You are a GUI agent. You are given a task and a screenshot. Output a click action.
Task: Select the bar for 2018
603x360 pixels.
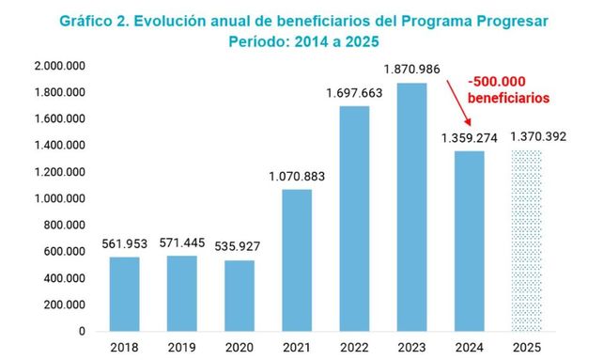[x=124, y=294]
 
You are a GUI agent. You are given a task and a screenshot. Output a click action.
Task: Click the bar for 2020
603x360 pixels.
[x=240, y=296]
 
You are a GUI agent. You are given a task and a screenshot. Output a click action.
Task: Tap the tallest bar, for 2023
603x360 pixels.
[x=412, y=207]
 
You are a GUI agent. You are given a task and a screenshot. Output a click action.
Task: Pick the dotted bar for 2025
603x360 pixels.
[x=527, y=241]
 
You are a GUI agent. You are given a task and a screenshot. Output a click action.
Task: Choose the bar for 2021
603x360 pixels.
[x=297, y=260]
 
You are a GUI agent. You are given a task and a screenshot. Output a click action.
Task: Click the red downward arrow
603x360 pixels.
[x=458, y=102]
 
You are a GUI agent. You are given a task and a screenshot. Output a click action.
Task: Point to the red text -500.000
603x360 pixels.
[x=497, y=82]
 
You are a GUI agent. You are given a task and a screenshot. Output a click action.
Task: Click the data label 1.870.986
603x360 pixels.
[x=411, y=70]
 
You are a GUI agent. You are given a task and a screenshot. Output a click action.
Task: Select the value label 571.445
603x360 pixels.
[x=182, y=243]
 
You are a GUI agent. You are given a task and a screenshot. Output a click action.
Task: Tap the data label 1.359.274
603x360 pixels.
[x=470, y=138]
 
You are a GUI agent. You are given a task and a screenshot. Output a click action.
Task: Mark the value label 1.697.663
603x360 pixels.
[x=354, y=93]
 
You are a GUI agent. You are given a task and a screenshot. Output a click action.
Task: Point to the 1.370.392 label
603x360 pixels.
[x=538, y=136]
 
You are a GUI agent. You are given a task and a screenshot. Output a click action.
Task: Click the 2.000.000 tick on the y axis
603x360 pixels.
[x=59, y=66]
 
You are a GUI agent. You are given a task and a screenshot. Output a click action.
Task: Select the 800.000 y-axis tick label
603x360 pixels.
[x=64, y=225]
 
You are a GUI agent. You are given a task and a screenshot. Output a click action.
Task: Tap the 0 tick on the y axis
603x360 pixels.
[x=82, y=331]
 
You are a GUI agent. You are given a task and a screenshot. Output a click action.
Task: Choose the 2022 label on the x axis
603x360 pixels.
[x=354, y=347]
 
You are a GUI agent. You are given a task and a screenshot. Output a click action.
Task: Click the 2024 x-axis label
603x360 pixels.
[x=470, y=347]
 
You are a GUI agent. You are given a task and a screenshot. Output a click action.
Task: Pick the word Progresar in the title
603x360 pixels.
[x=512, y=22]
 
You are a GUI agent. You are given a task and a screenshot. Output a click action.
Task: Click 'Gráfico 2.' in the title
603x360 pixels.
[x=94, y=22]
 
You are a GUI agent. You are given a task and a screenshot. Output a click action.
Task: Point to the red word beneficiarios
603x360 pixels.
[x=508, y=98]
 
